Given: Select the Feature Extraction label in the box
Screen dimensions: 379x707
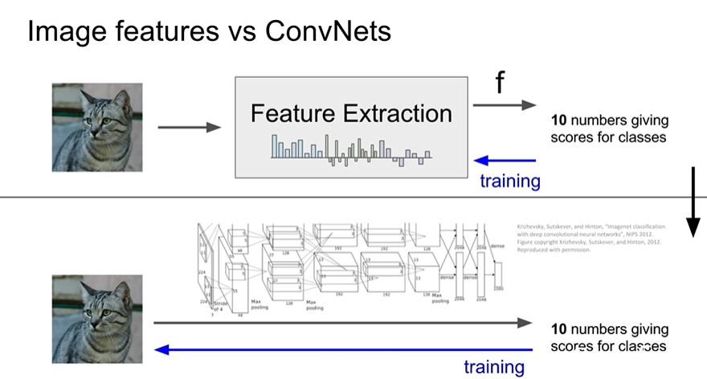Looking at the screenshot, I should click(x=351, y=113).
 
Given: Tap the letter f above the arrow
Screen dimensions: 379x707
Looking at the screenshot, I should click(x=499, y=84).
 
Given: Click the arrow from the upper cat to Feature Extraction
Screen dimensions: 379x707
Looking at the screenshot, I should click(x=189, y=127).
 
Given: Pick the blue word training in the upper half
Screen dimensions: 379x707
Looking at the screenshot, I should click(x=510, y=181).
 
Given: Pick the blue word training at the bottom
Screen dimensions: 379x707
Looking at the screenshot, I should click(x=494, y=368).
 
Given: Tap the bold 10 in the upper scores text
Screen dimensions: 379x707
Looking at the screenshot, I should click(x=559, y=121).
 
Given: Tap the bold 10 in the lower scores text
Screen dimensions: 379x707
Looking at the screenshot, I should click(x=559, y=330).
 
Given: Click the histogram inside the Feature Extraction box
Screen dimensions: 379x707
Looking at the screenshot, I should click(x=351, y=149).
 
